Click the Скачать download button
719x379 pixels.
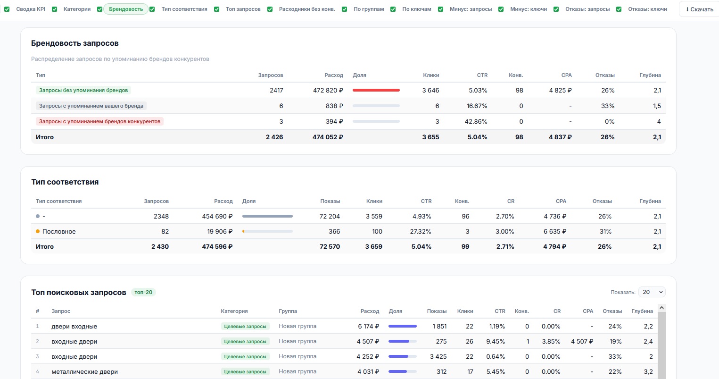(x=699, y=9)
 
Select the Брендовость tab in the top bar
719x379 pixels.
(x=126, y=9)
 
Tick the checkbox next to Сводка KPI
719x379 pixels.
(x=7, y=9)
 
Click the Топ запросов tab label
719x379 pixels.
(x=243, y=9)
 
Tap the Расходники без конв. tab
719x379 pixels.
(x=307, y=9)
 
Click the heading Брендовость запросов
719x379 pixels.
(x=75, y=43)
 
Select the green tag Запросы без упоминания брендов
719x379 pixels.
(x=83, y=90)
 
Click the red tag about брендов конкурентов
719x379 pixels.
(x=99, y=121)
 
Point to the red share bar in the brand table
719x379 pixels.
(x=376, y=90)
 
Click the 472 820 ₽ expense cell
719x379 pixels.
(x=328, y=90)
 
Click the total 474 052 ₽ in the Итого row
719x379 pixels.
(x=328, y=137)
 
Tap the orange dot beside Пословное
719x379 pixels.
(x=38, y=231)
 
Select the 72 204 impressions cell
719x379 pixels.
(x=330, y=216)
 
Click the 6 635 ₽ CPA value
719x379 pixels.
(x=555, y=231)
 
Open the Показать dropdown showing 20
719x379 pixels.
(x=652, y=292)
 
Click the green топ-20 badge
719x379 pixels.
(x=143, y=292)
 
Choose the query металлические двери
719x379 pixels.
(x=84, y=371)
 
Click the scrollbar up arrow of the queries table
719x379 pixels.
(x=661, y=308)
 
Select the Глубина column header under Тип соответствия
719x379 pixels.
(x=650, y=201)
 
